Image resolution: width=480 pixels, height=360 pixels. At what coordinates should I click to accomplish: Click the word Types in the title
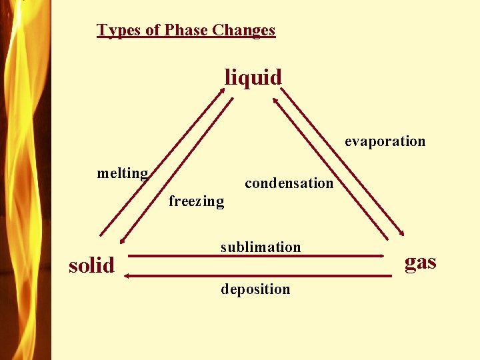click(x=115, y=30)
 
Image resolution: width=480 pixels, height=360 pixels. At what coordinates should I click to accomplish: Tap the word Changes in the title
click(x=247, y=30)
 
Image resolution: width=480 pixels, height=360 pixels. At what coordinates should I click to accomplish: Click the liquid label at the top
click(x=253, y=77)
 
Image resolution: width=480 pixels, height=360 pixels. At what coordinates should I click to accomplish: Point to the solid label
click(x=92, y=265)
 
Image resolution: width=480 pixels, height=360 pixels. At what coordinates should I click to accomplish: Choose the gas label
click(x=421, y=262)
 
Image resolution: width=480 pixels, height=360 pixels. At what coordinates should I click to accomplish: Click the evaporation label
click(x=385, y=141)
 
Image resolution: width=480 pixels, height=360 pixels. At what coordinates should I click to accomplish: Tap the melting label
click(x=123, y=174)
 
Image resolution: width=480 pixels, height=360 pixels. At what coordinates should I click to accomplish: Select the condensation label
click(x=289, y=183)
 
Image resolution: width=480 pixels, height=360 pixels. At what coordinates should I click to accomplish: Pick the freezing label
click(x=196, y=201)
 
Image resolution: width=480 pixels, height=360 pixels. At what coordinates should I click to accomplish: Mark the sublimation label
click(x=261, y=247)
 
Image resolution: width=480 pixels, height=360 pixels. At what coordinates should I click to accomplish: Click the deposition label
click(x=255, y=289)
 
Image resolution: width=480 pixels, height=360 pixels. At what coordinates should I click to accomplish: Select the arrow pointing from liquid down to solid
click(x=177, y=169)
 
